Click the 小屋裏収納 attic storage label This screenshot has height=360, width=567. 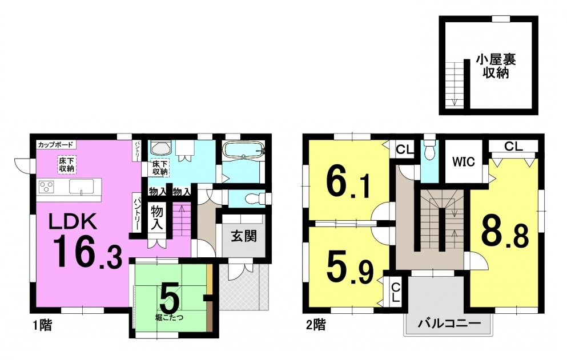[x=496, y=66]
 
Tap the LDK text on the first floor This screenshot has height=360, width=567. [x=73, y=221]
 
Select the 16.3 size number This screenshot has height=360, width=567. [x=88, y=252]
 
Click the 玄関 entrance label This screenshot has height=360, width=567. [x=244, y=236]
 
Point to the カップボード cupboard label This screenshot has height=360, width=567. [x=56, y=144]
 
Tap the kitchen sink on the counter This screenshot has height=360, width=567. [x=82, y=187]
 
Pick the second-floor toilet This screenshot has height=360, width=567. [x=429, y=149]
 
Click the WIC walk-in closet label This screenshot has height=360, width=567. [x=464, y=161]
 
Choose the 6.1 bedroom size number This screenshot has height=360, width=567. [x=349, y=183]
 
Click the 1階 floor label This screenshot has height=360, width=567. [x=42, y=325]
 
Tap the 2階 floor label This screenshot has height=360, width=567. [x=316, y=325]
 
